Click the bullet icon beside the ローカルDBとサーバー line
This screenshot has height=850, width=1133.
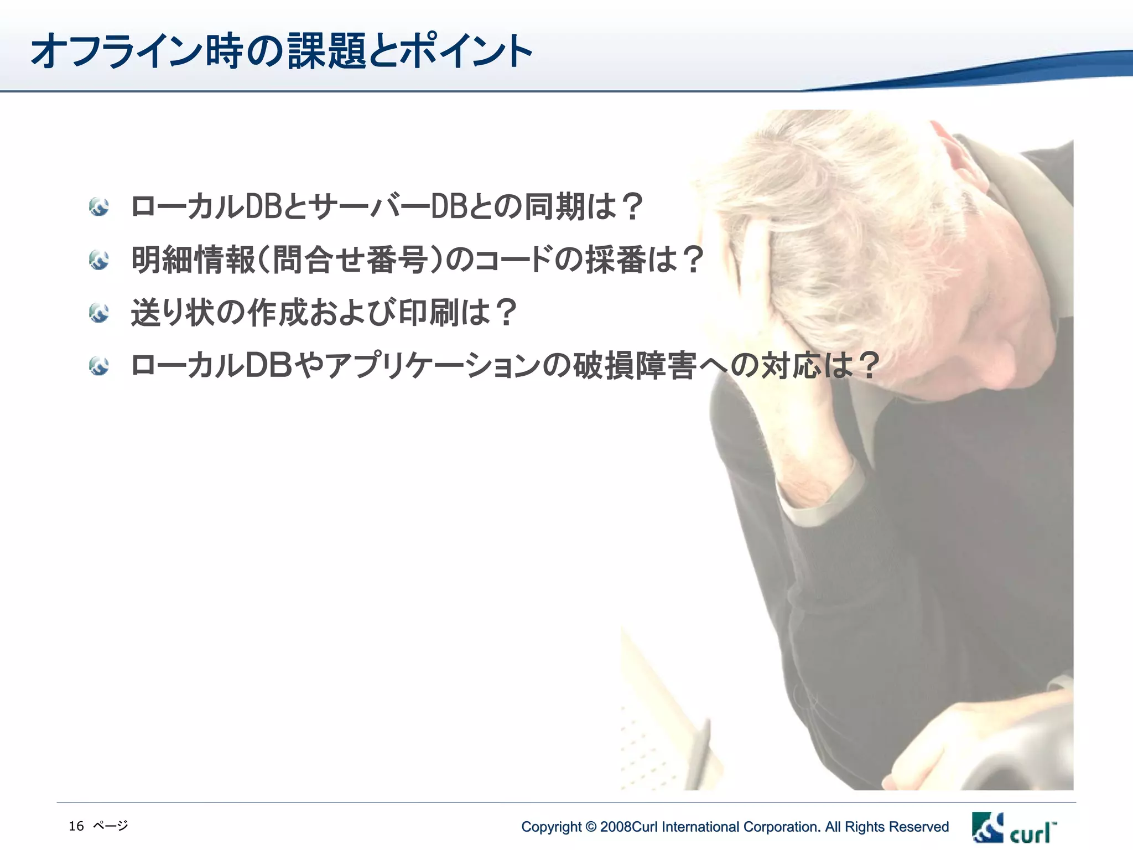pos(99,207)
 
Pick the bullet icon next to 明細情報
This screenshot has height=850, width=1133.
pos(99,260)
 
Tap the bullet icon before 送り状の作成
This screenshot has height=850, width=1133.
pos(99,313)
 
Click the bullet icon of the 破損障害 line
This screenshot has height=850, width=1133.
pos(99,366)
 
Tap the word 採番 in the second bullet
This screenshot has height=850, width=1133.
pos(615,260)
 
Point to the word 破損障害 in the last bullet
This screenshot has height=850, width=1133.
pos(634,366)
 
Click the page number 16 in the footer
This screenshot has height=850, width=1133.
pos(76,826)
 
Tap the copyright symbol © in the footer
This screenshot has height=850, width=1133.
pos(591,827)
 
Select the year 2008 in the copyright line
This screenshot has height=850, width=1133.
pos(616,827)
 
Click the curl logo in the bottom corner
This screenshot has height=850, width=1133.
pos(1014,828)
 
